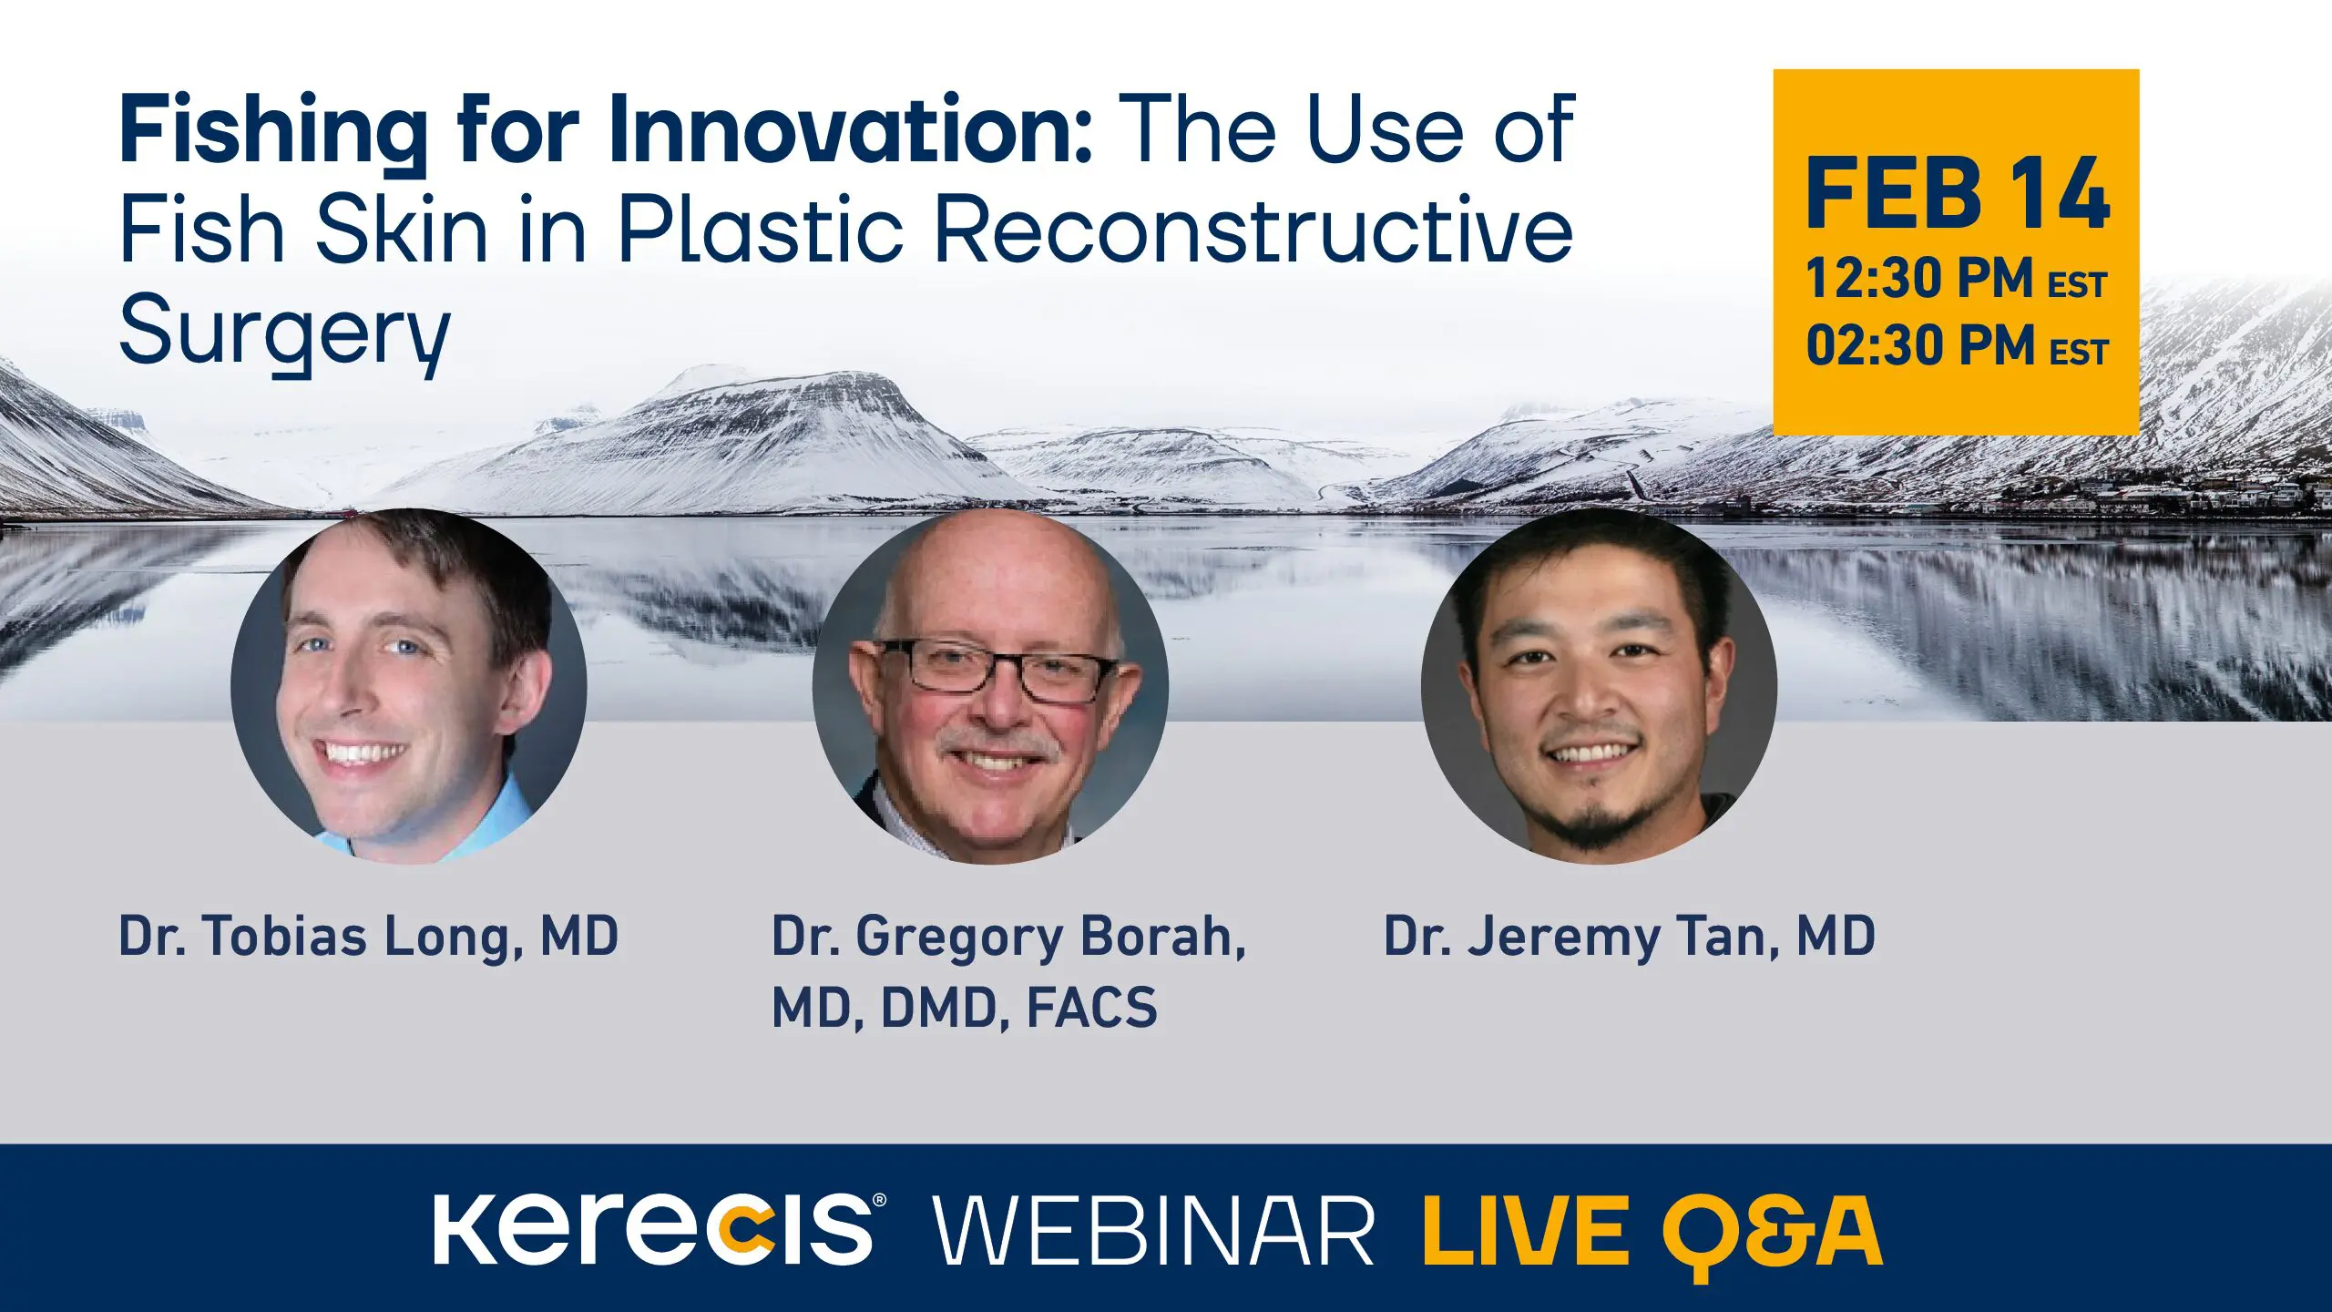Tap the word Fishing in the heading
pos(273,135)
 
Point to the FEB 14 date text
pos(1958,193)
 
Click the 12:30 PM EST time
pos(1956,278)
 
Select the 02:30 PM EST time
pos(1957,346)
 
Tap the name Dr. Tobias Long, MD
pos(369,938)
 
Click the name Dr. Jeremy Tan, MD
pos(1630,938)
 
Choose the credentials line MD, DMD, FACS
pos(965,1008)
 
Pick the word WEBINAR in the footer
pos(1153,1231)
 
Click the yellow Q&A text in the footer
pos(1772,1235)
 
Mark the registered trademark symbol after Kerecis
pos(879,1201)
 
